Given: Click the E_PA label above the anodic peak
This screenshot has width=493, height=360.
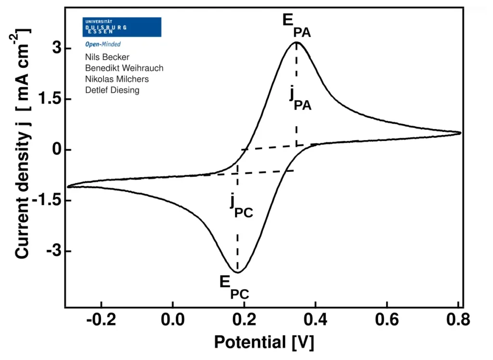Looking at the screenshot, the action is (297, 26).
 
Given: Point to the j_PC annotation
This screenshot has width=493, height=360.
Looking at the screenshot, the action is (242, 206).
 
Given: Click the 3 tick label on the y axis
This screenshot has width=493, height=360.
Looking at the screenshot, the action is (57, 48).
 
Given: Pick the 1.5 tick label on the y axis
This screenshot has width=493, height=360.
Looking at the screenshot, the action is (50, 99).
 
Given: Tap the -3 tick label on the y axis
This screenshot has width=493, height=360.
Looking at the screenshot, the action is (54, 251).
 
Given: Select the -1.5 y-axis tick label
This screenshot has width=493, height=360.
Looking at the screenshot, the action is (47, 200).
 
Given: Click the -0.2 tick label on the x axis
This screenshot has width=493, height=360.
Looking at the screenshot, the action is (101, 320).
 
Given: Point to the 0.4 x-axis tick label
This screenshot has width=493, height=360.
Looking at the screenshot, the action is (315, 320).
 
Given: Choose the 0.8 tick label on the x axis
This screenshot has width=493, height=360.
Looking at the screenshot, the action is (458, 320).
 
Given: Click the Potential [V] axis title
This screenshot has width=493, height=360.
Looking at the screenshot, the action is (264, 342).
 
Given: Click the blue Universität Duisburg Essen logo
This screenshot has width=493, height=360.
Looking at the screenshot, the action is (122, 27).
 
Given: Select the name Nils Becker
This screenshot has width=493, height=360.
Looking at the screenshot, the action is (107, 57).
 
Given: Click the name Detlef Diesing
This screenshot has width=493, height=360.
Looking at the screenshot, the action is (112, 90).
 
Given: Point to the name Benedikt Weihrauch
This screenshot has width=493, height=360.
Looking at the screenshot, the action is (124, 68).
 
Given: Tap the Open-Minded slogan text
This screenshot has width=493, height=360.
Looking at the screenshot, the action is (103, 44).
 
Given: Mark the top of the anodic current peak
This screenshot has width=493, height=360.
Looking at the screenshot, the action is (297, 42).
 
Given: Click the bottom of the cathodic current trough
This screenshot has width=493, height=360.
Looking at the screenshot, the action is (238, 272).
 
